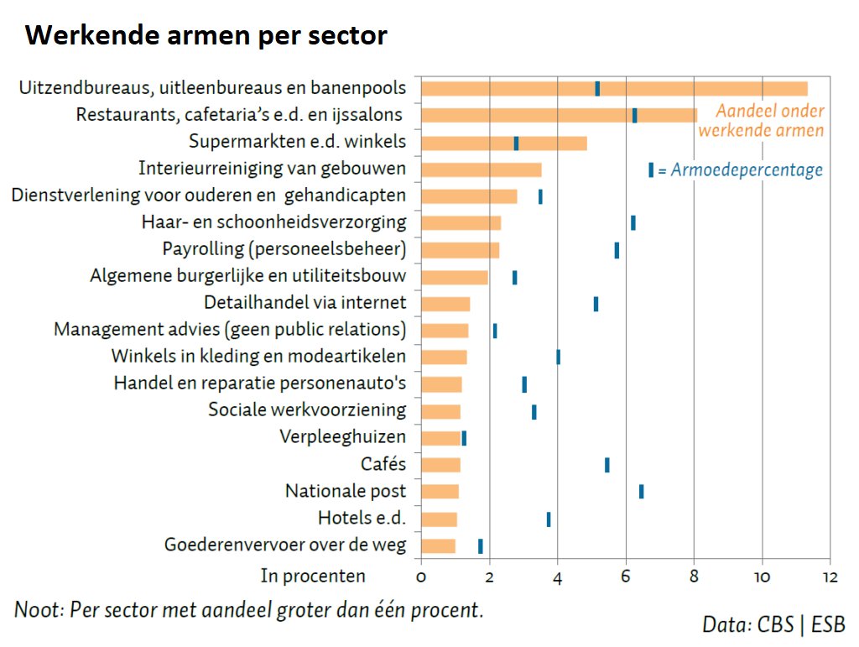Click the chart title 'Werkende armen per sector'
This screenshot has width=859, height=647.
pyautogui.click(x=206, y=36)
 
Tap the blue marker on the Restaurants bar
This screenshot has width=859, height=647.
pyautogui.click(x=634, y=116)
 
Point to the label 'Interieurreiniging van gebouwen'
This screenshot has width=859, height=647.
pyautogui.click(x=272, y=168)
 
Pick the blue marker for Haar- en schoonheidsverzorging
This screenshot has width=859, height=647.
pyautogui.click(x=633, y=222)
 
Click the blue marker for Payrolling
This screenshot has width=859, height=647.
pyautogui.click(x=617, y=250)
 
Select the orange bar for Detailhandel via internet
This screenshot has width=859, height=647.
pyautogui.click(x=445, y=304)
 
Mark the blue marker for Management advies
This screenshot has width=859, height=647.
pyautogui.click(x=495, y=331)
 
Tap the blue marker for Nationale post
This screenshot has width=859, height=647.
pyautogui.click(x=641, y=492)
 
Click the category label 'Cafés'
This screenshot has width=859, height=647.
pyautogui.click(x=383, y=464)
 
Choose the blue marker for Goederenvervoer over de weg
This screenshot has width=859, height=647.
pyautogui.click(x=480, y=546)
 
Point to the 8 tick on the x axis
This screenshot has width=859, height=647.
pyautogui.click(x=694, y=577)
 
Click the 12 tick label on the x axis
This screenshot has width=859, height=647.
pyautogui.click(x=829, y=577)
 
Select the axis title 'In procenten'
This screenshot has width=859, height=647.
pyautogui.click(x=313, y=576)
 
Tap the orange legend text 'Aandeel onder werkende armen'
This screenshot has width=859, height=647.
pyautogui.click(x=762, y=121)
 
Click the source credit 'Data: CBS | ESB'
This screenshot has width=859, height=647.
pyautogui.click(x=773, y=624)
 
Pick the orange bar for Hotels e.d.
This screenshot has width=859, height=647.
pyautogui.click(x=439, y=519)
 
